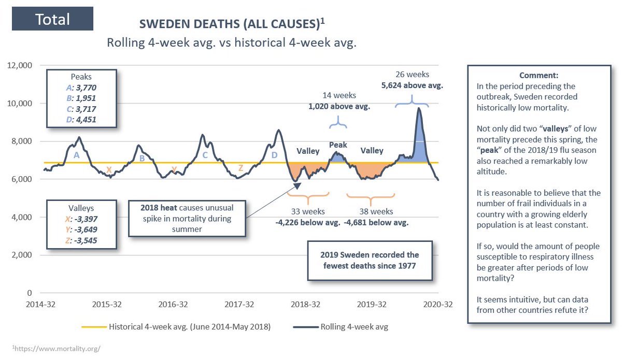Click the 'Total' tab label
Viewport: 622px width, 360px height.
point(52,19)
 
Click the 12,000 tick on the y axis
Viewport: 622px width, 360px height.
point(20,65)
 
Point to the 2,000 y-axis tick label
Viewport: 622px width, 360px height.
point(22,255)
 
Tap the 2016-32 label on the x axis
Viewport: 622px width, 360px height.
point(174,304)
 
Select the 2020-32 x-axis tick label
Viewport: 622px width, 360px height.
point(439,304)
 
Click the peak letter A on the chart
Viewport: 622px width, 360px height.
point(76,155)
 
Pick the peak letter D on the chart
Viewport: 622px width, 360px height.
point(274,155)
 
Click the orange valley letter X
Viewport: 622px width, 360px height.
point(108,169)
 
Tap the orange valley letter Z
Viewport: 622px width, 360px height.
point(241,168)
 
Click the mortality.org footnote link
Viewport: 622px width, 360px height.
point(55,349)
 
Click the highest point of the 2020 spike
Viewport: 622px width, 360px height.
point(419,108)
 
